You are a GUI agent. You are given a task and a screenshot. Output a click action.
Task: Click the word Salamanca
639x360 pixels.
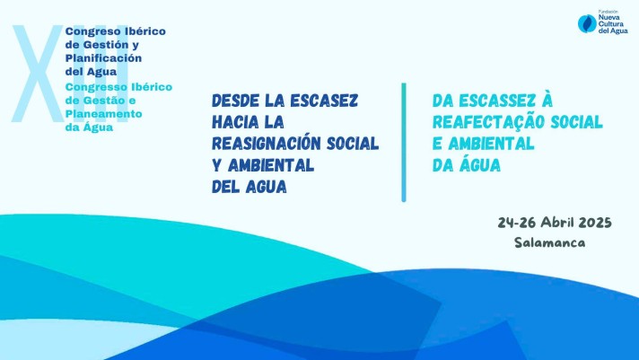coord(549,242)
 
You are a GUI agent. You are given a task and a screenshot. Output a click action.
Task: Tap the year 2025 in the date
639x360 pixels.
coord(595,223)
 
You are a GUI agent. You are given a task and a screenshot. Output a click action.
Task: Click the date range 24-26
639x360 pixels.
coord(517,223)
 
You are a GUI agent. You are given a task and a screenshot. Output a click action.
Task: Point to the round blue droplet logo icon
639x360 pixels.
coord(587,23)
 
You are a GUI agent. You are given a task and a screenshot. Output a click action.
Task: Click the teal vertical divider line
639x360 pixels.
coord(404,142)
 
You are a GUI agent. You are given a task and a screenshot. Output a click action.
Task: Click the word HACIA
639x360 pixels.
coord(235,122)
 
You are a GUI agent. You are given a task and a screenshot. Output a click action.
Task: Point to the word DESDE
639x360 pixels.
coord(235,101)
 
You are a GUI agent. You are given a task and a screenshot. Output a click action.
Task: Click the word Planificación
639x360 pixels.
coord(103,57)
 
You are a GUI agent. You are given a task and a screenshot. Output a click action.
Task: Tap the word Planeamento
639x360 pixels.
coord(103,114)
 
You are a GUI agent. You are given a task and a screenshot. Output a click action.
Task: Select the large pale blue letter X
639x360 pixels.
coord(38,74)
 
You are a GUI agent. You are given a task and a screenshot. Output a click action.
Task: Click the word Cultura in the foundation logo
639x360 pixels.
coord(611,24)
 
